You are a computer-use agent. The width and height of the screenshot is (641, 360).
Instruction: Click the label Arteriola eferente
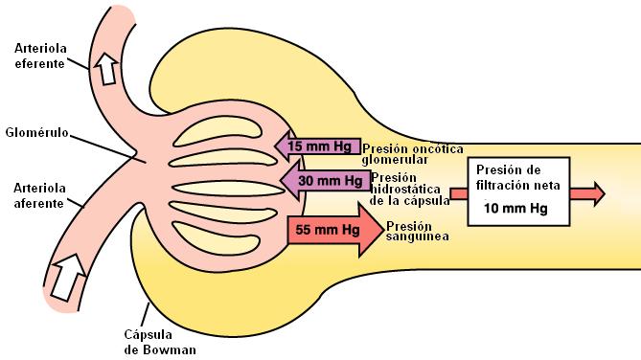40,56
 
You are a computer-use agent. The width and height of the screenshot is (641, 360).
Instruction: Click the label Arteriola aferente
40,196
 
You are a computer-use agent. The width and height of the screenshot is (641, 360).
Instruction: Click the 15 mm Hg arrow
316,146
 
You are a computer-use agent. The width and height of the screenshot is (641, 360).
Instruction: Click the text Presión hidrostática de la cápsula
406,188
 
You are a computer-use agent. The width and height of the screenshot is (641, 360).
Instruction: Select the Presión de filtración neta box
516,191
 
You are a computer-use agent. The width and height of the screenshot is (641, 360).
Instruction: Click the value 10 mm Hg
515,208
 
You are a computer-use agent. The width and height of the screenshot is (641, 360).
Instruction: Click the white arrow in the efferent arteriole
104,66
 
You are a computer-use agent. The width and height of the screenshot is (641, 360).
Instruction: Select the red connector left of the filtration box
458,192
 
